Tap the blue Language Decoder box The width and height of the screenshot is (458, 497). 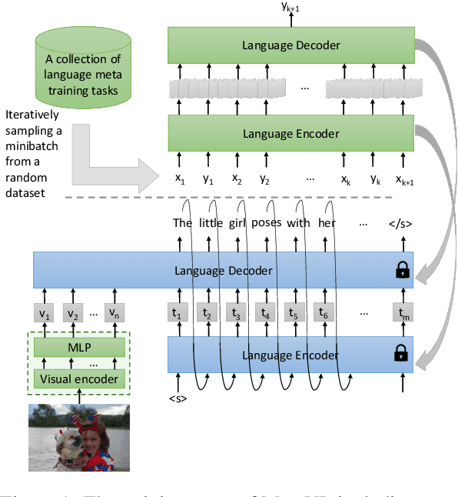click(223, 271)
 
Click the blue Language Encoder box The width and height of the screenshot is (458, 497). click(290, 355)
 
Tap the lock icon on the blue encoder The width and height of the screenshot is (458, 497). click(400, 354)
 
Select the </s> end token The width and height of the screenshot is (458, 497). click(400, 225)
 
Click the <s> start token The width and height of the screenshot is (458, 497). click(178, 398)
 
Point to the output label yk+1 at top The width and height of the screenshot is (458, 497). click(290, 7)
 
